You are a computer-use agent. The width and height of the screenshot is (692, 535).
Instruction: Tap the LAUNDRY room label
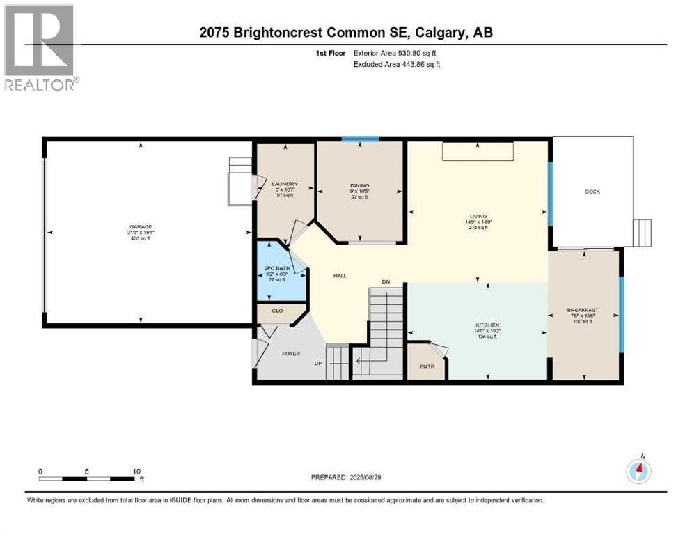coord(285,185)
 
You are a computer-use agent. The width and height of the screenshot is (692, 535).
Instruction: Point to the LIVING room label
coord(478,216)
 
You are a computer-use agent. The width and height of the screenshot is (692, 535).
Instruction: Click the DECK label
coord(592,192)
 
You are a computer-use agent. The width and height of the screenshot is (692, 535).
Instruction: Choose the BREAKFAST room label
coord(583,310)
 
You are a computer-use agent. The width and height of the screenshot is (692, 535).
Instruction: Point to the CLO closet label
coord(277,311)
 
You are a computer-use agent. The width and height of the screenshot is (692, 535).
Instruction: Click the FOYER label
coord(291,353)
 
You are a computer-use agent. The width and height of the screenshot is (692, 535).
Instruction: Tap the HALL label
coord(340,276)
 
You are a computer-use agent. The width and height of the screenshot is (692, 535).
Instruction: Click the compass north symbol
coord(638,471)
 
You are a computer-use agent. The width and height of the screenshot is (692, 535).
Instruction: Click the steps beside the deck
coord(642,232)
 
